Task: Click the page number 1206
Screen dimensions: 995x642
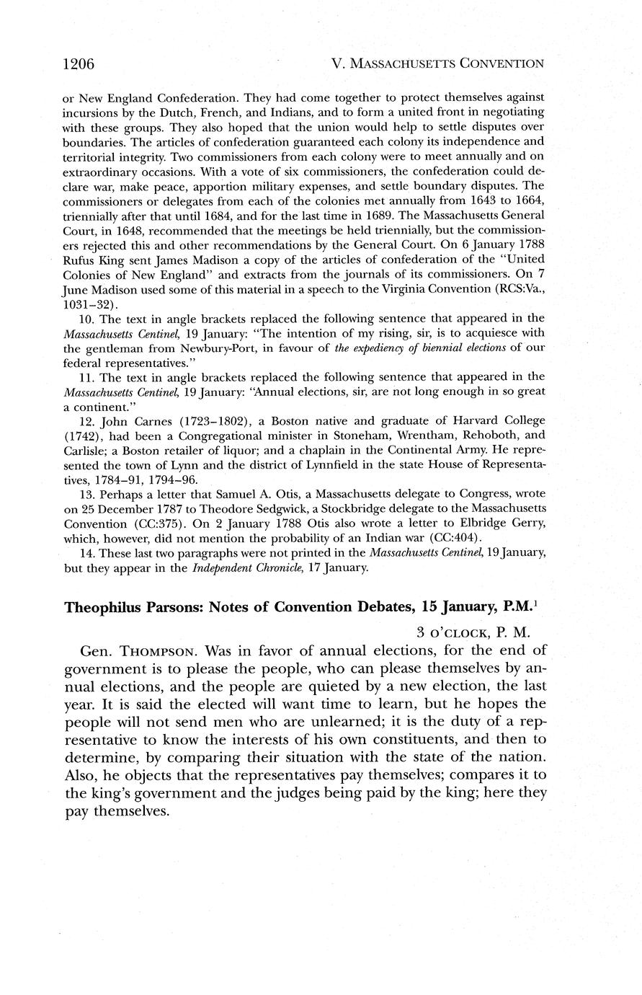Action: click(x=79, y=64)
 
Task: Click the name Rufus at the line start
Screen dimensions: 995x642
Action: click(x=79, y=258)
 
